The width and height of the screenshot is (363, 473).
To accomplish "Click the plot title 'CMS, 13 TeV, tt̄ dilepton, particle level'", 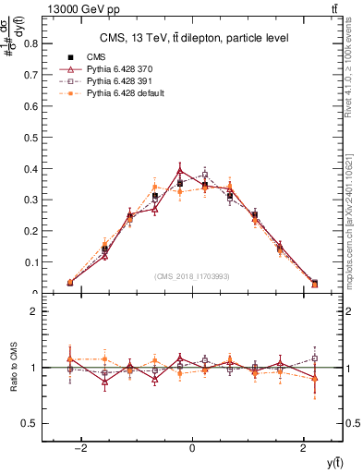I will coord(192,38).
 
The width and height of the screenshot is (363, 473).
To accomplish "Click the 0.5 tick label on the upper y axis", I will coord(30,137).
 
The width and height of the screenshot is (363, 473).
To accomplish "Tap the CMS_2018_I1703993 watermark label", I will coord(192,276).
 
